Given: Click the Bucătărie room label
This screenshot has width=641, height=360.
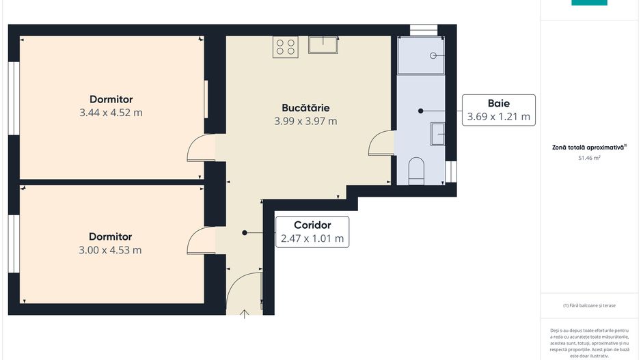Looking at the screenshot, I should (305, 108).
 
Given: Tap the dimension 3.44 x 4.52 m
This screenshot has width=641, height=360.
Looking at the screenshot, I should (111, 113).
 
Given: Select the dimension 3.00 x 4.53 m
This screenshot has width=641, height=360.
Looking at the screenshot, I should (110, 250).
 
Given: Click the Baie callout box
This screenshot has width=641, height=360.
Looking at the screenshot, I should (498, 110).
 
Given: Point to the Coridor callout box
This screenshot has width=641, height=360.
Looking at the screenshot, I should (312, 232).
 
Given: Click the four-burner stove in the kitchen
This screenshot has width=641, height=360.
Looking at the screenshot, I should (285, 46).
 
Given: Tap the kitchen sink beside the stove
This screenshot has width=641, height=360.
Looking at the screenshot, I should (324, 45).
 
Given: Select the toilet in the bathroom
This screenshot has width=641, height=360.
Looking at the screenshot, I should (416, 171).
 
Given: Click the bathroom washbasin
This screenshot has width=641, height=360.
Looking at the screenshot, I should (437, 133).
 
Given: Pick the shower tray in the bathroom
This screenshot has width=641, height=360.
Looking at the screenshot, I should (421, 55).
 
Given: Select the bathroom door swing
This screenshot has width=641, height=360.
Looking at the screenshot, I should (381, 143).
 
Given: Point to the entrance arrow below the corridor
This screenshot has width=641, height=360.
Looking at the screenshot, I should (245, 313).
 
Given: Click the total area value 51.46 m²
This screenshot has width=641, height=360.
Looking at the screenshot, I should (589, 158).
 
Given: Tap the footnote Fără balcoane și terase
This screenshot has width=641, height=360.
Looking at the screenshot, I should (589, 305).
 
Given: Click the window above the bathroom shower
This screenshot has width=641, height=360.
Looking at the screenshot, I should (423, 29).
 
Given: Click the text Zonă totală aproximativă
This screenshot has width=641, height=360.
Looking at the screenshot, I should (588, 147).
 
